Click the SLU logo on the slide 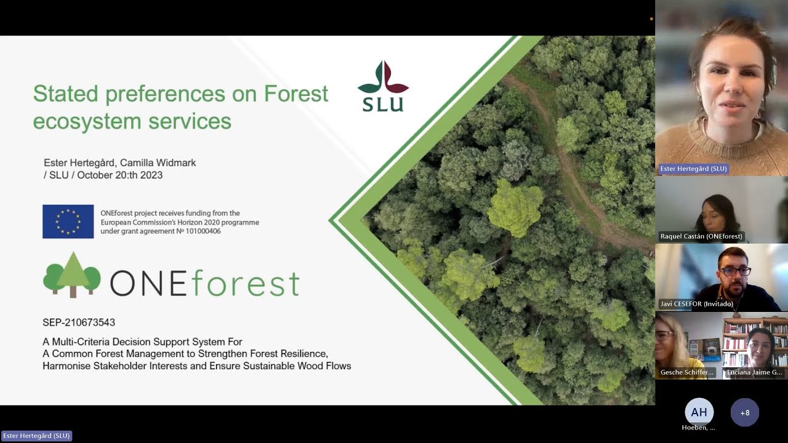383,87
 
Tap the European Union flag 68,221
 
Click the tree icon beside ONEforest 71,276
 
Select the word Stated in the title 65,94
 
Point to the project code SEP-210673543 79,322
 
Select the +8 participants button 744,412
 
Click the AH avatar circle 699,412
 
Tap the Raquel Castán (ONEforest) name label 701,236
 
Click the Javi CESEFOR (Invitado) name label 696,304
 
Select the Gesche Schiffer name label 686,372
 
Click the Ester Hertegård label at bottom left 36,436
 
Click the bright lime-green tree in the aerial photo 515,207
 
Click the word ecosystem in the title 87,121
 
